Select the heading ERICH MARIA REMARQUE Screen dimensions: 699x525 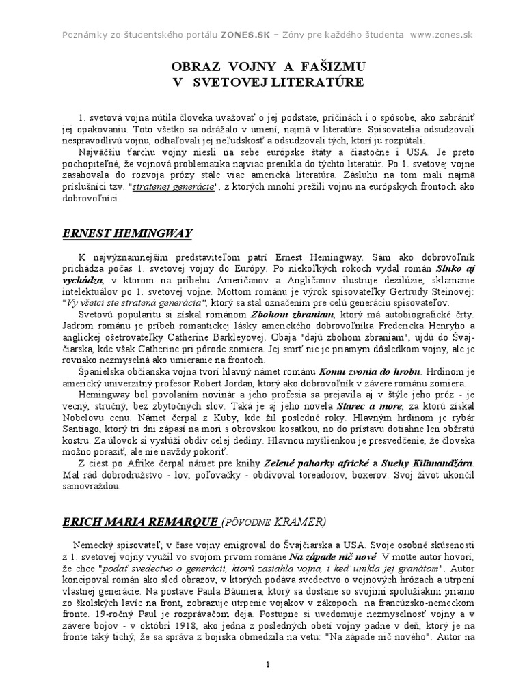141,522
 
